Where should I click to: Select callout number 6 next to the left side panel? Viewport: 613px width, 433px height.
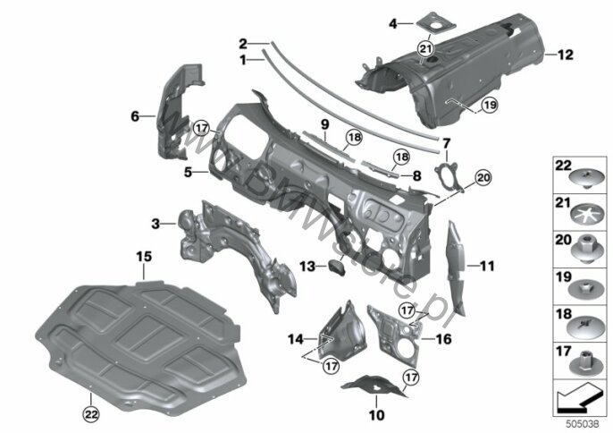[136, 115]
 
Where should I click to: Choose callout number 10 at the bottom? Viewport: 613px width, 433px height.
[376, 414]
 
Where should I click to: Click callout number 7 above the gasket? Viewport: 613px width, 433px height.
[447, 141]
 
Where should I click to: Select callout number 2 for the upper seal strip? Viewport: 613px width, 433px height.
[243, 42]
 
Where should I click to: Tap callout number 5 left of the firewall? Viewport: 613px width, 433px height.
[188, 168]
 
